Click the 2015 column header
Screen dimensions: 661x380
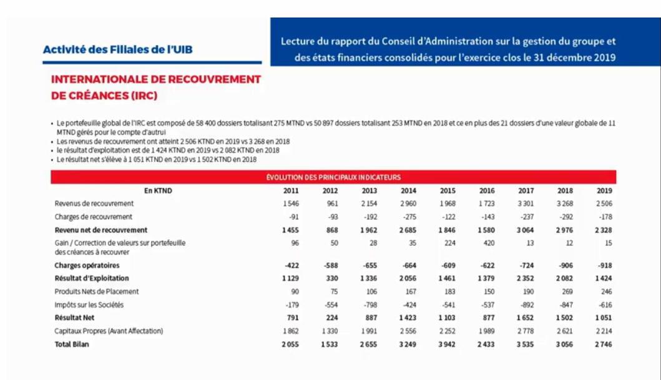[x=448, y=191]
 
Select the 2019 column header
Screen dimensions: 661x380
[x=604, y=191]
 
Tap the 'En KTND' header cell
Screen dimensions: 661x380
[x=158, y=191]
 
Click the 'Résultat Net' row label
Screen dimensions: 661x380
[x=74, y=317]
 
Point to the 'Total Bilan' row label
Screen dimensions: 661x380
[x=72, y=344]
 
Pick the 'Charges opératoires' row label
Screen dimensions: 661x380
[x=87, y=265]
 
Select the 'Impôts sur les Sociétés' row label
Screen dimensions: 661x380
[x=89, y=304]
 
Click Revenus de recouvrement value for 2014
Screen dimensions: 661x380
[x=408, y=204]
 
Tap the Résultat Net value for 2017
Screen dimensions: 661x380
[x=526, y=317]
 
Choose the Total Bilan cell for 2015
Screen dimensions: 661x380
[x=447, y=344]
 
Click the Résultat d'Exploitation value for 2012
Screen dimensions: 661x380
[x=332, y=278]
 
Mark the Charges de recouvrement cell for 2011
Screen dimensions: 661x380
[x=294, y=217]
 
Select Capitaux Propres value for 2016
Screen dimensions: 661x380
[x=486, y=331]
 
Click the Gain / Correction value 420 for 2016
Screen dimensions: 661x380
[x=489, y=242]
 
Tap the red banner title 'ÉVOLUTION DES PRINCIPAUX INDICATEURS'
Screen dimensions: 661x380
[x=333, y=177]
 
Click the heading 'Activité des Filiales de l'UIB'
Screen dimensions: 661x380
[x=117, y=49]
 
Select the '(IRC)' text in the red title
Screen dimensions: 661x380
[x=144, y=96]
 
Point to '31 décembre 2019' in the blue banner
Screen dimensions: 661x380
[x=575, y=57]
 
